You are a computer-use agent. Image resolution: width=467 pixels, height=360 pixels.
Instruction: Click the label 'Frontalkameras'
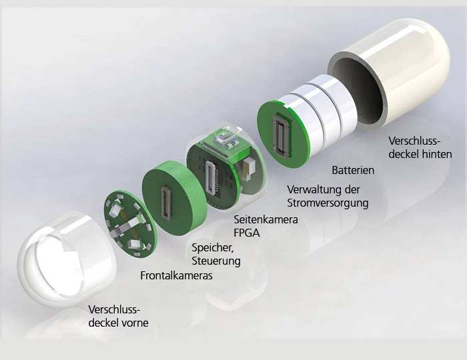[176, 275]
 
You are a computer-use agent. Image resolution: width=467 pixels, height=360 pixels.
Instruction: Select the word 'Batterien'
[353, 171]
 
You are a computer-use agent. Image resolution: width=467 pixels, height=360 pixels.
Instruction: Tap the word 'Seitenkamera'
[266, 219]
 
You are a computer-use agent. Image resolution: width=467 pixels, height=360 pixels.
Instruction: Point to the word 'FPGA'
[246, 233]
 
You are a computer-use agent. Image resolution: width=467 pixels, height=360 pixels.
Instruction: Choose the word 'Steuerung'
[215, 261]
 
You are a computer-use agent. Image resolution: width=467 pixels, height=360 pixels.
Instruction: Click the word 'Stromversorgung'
[327, 203]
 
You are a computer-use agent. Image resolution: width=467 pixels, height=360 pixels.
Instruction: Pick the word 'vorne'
[134, 323]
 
